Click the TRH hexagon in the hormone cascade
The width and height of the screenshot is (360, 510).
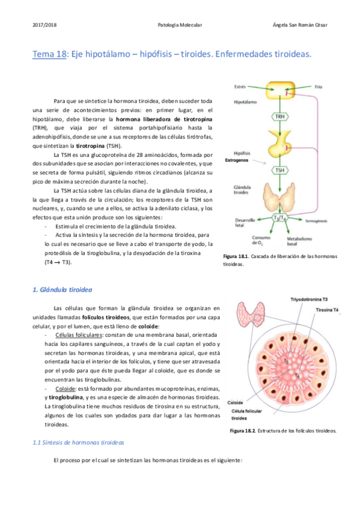pos(279,116)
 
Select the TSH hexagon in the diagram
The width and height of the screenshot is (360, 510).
pos(279,170)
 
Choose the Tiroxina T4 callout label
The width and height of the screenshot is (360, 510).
pos(327,310)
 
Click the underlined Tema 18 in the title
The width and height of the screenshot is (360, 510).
pos(49,55)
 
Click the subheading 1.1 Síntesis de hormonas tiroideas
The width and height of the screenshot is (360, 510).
pos(78,442)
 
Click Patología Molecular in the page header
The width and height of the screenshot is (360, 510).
pos(180,25)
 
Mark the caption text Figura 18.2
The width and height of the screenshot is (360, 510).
pos(243,431)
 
